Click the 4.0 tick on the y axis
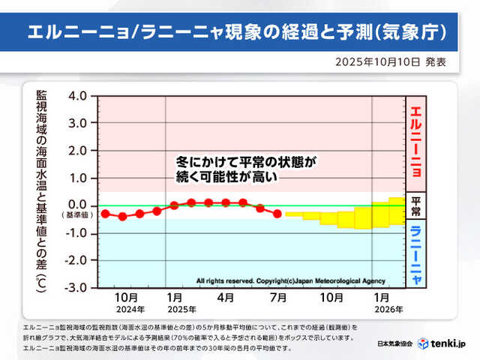[76, 96]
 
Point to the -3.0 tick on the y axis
[76, 287]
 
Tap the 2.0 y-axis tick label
[76, 150]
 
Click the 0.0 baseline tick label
[76, 204]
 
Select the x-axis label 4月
[226, 298]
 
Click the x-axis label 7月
[277, 298]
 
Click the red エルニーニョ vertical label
[415, 142]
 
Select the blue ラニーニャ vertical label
[415, 256]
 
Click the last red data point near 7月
[277, 214]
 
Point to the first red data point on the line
[105, 214]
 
